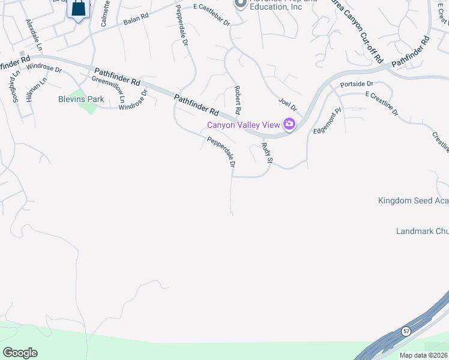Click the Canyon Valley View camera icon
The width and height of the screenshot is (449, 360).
click(x=289, y=124)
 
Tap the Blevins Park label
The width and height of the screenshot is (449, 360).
click(x=81, y=99)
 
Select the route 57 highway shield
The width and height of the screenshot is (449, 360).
click(x=406, y=331)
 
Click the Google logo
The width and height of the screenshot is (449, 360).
click(x=20, y=353)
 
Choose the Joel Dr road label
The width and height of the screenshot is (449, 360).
click(x=288, y=105)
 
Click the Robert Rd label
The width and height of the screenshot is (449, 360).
click(x=237, y=100)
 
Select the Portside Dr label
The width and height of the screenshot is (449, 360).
click(x=357, y=84)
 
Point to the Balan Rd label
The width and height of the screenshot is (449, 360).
click(x=136, y=21)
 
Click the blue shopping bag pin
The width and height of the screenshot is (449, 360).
click(x=79, y=9)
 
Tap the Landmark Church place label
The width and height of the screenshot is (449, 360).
click(x=422, y=231)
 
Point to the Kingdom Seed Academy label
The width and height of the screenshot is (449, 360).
click(x=413, y=200)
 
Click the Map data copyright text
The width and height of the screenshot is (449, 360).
click(x=423, y=355)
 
